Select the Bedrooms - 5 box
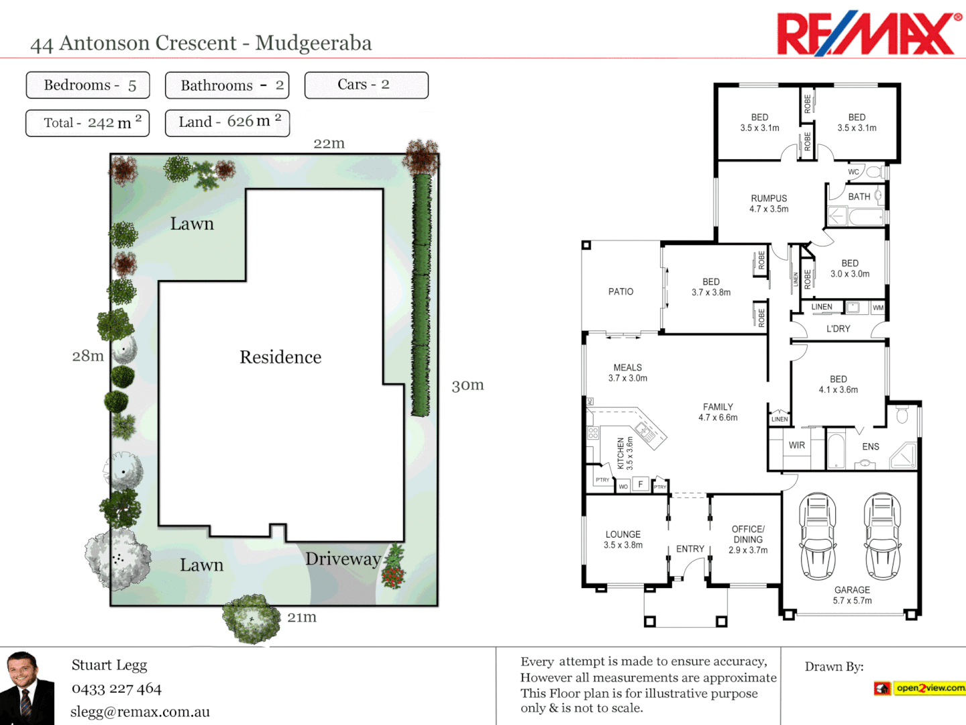point(88,85)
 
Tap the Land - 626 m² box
point(227,123)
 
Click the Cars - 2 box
point(366,85)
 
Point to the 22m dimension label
point(329,144)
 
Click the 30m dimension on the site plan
point(468,385)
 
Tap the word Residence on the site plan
point(280,357)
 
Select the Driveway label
point(343,559)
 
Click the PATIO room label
point(621,292)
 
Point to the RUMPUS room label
point(769,199)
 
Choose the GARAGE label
point(852,590)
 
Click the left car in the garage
point(817,536)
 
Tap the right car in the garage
point(882,536)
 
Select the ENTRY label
point(690,549)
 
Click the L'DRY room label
point(838,329)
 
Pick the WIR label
point(797,446)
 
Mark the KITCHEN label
point(621,453)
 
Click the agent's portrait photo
point(27,688)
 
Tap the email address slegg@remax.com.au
point(140,712)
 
